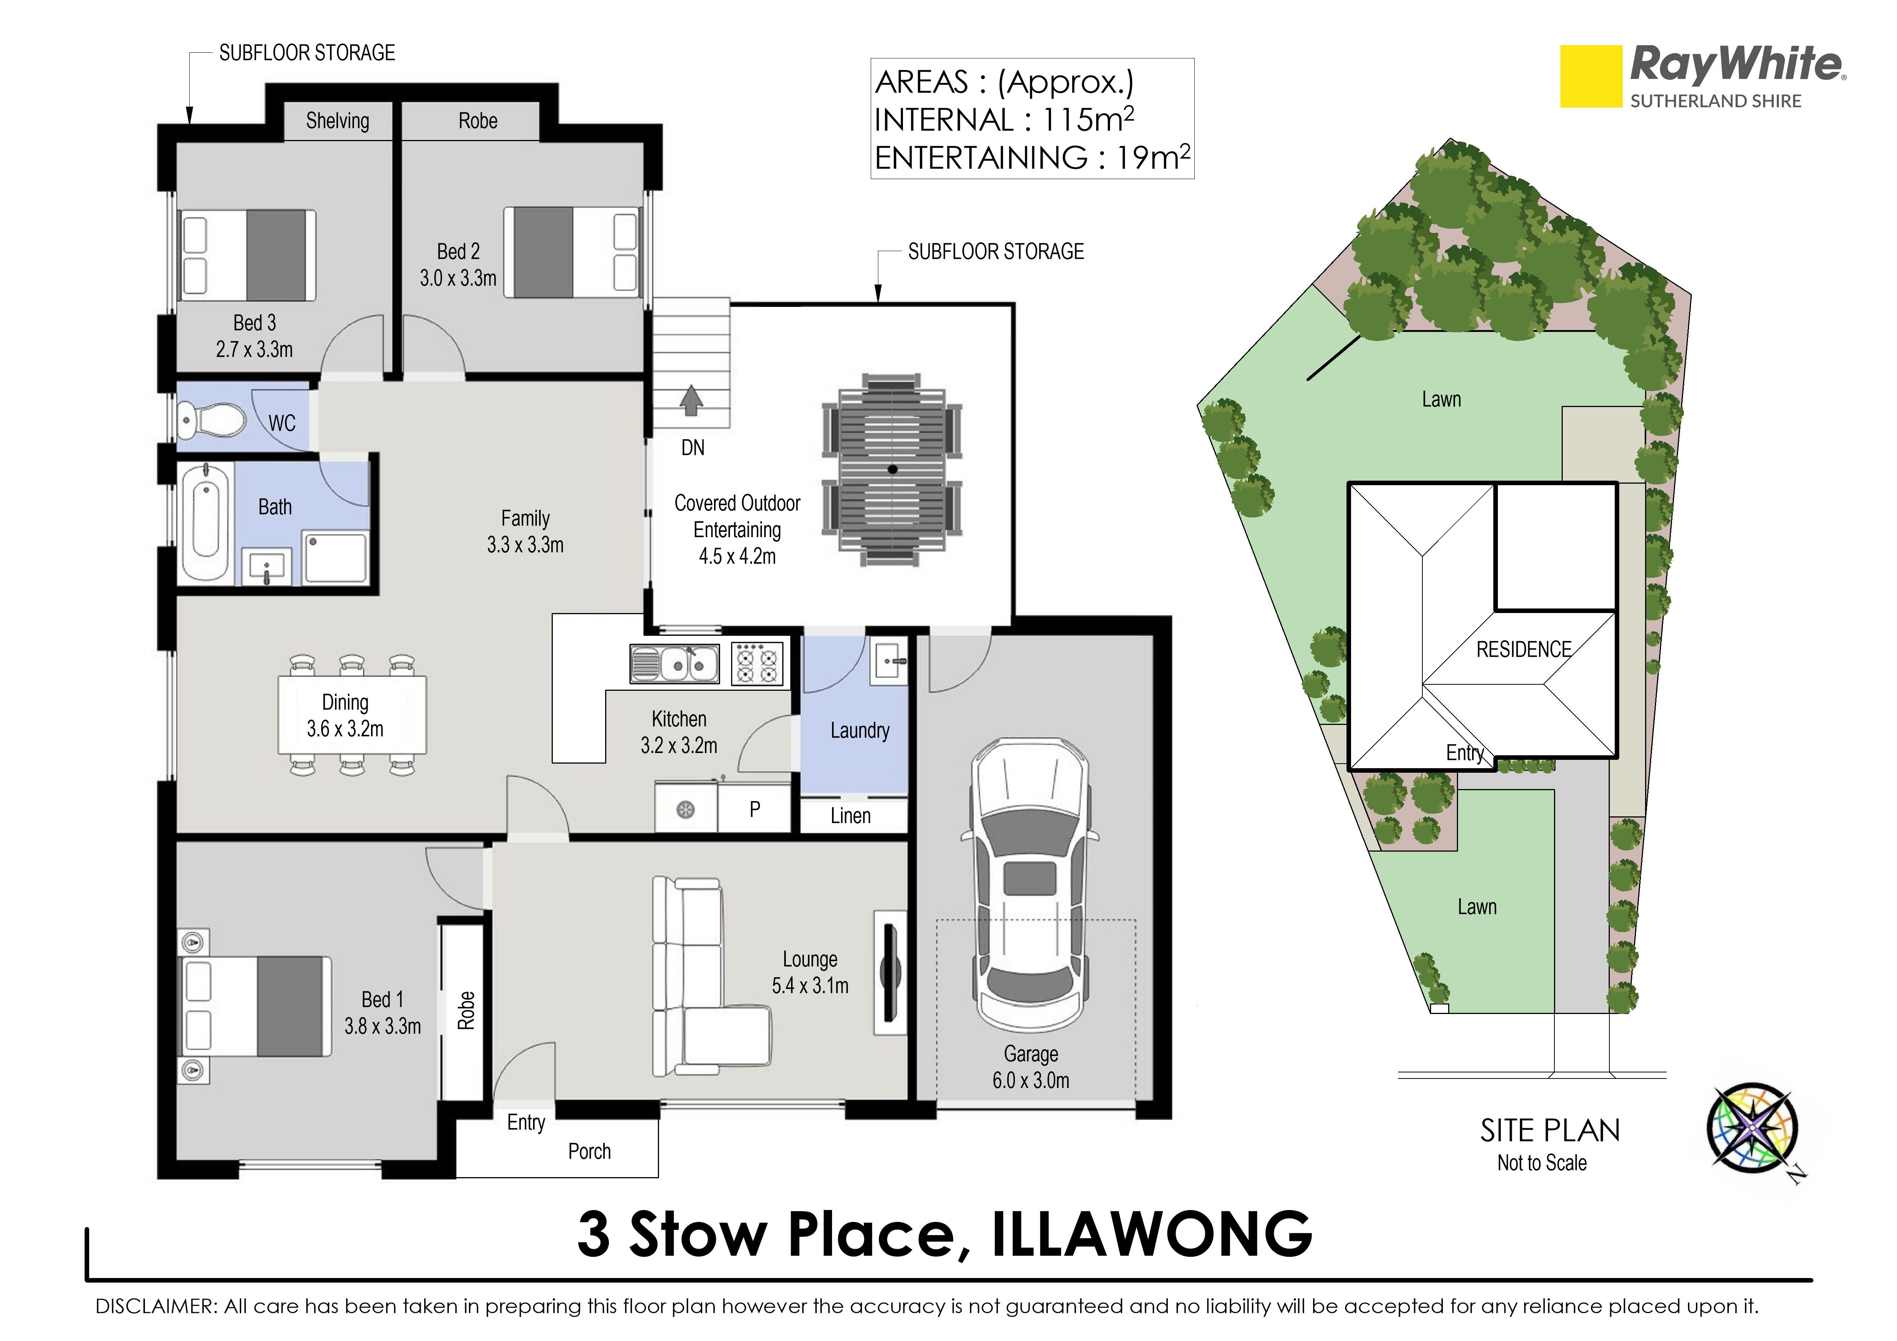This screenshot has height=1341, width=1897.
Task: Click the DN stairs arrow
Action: [x=692, y=401]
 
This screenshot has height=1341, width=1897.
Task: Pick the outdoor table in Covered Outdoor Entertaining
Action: [x=892, y=469]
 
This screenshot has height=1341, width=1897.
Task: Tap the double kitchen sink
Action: [x=675, y=664]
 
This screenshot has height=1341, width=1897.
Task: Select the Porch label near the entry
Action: [x=589, y=1152]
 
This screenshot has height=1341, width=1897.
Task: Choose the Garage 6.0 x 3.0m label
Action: [x=1031, y=1067]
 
